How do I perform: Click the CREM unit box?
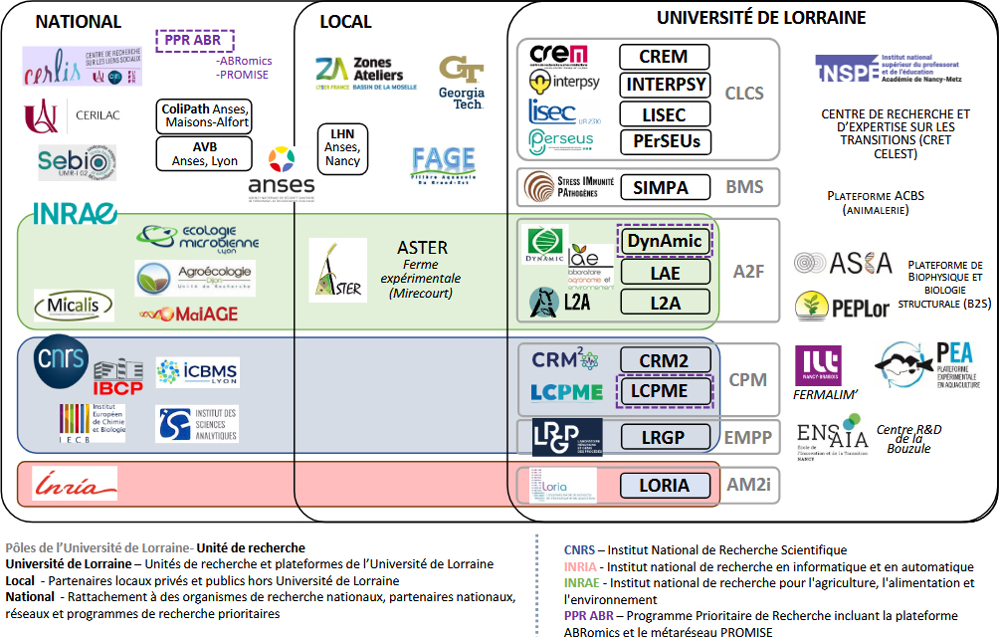[664, 57]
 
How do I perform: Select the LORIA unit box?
[664, 486]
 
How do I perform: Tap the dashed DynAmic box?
[664, 241]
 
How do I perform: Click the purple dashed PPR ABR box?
[195, 41]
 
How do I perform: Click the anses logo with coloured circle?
[282, 171]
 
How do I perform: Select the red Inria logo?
[75, 486]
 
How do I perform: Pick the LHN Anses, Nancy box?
[342, 146]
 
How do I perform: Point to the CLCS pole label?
[744, 94]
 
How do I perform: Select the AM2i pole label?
[749, 486]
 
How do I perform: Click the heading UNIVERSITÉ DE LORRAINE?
[761, 18]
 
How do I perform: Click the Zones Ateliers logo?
[359, 72]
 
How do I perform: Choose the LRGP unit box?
[664, 436]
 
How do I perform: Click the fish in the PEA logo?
[903, 365]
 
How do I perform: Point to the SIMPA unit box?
[664, 186]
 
